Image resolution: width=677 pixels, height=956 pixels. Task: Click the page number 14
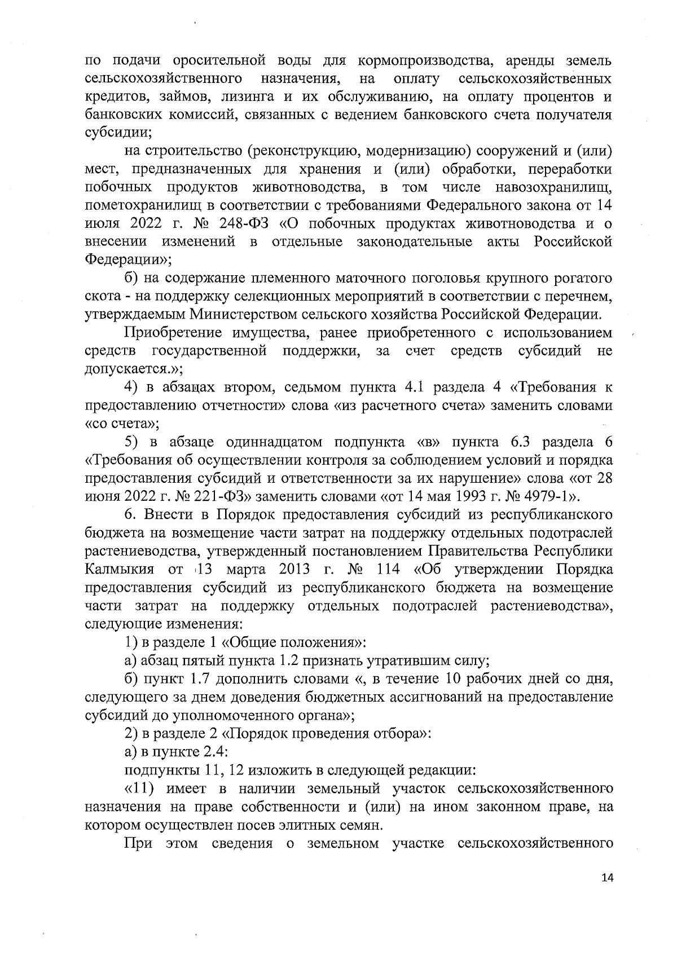pos(606,893)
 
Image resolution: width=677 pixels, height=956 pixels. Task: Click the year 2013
pos(294,569)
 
